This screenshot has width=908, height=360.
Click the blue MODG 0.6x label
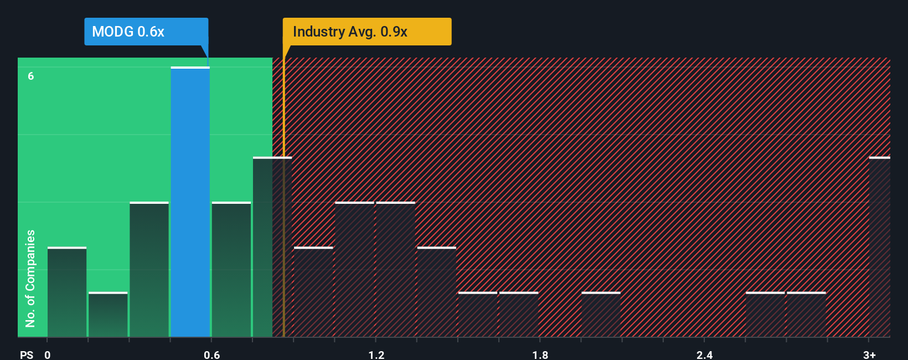coord(146,32)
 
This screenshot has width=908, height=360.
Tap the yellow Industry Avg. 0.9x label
coord(367,32)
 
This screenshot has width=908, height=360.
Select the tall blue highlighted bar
coord(190,202)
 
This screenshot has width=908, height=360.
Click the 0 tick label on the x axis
coord(48,354)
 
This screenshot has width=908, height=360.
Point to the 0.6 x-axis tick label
coord(211,354)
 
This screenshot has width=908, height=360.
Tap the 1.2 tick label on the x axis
coord(376,354)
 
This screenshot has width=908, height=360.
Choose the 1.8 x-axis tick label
coord(540,354)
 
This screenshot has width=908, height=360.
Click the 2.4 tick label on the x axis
coord(704,354)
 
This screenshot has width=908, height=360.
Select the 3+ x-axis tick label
coord(869,354)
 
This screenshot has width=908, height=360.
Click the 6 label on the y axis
coord(31,76)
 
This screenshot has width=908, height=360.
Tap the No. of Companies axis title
coord(30,278)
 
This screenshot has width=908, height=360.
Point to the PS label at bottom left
coord(27,354)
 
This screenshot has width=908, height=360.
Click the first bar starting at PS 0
coord(67,292)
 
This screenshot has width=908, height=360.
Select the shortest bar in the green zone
coord(108,315)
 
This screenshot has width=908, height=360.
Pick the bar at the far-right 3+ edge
coord(879,247)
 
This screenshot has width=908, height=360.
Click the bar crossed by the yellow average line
coord(272,247)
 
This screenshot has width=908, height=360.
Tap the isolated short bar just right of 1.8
coord(601,315)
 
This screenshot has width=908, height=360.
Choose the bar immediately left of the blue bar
coord(149,270)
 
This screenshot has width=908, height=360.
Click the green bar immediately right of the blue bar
coord(231,270)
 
